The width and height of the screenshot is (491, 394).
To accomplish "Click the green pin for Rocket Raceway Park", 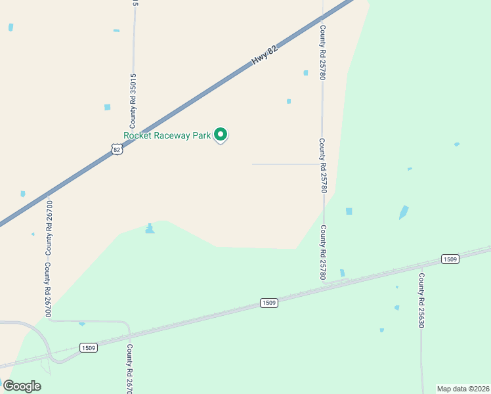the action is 221,135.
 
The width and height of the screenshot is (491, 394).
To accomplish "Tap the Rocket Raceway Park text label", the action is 167,136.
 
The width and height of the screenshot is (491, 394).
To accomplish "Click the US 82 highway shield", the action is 117,150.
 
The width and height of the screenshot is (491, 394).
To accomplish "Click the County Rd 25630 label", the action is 421,301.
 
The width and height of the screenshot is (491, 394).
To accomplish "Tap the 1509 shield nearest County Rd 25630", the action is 450,259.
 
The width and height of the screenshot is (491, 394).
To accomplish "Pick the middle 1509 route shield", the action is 268,303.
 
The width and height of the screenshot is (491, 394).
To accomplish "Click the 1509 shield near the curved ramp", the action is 89,347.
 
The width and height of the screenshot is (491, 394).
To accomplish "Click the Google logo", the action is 22,385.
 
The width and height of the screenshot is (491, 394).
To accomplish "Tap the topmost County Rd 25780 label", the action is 322,53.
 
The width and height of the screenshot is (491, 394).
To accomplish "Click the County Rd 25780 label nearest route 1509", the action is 322,252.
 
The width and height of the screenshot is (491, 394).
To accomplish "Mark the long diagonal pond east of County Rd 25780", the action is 403,213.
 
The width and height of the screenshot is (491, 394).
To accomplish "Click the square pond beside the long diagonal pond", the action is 349,211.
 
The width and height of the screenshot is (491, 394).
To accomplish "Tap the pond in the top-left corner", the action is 11,27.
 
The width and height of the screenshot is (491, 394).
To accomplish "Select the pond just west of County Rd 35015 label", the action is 107,107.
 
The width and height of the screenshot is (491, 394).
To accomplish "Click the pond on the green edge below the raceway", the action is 150,229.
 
